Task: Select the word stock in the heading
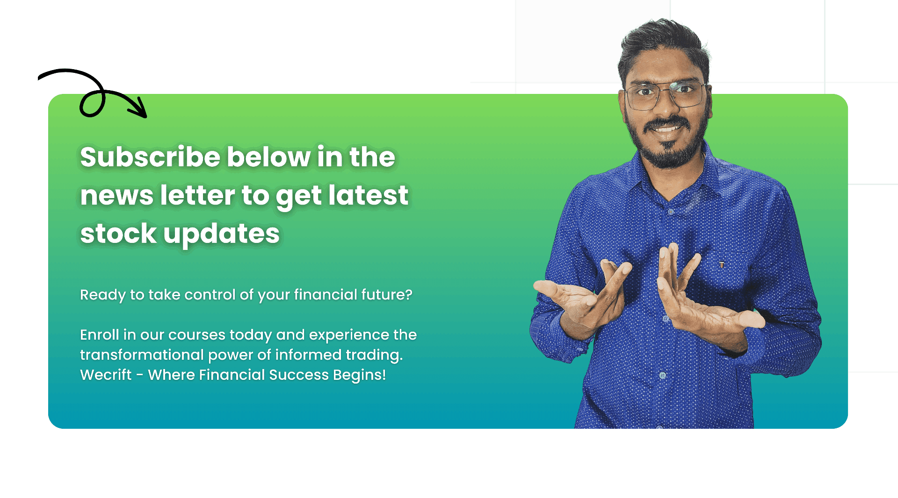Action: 118,233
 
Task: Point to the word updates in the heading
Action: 222,234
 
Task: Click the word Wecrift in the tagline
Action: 106,375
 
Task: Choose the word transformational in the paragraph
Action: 142,355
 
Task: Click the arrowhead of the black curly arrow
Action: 140,110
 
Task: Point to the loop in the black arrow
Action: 93,103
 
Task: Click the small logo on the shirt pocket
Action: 722,265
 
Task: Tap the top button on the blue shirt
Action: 671,212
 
